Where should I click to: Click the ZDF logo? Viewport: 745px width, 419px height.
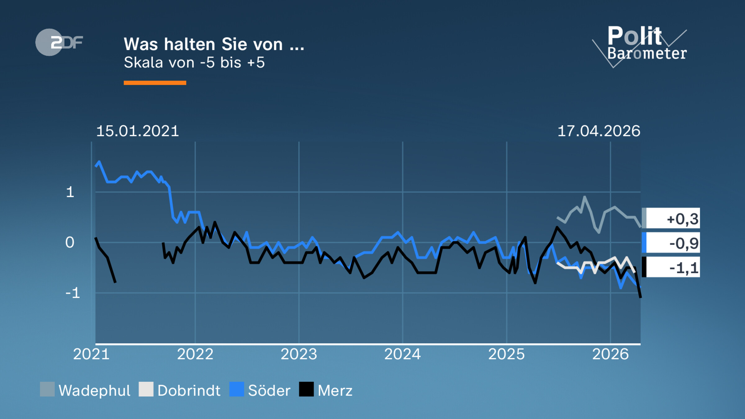tap(59, 42)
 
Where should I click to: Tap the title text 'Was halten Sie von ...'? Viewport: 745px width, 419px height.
tap(214, 44)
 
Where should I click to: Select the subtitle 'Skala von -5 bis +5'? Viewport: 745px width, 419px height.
tap(194, 63)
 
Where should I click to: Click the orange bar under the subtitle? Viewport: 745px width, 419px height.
tap(155, 83)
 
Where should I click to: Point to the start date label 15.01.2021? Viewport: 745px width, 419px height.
tap(138, 131)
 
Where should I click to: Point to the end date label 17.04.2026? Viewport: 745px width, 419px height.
tap(598, 131)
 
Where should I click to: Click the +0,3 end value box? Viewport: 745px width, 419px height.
tap(671, 219)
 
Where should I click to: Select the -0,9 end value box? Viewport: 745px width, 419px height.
tap(671, 243)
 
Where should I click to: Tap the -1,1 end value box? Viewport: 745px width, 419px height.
tap(671, 267)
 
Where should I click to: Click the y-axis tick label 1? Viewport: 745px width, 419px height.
tap(70, 192)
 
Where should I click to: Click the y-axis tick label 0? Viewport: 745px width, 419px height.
tap(70, 242)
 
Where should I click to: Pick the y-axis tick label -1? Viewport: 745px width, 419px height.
tap(73, 293)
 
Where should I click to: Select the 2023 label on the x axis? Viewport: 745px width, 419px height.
tap(299, 354)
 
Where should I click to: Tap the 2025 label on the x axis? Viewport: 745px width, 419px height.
tap(506, 354)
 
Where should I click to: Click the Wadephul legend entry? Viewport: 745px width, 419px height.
tap(85, 390)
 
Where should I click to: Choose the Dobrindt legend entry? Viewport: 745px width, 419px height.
tap(180, 390)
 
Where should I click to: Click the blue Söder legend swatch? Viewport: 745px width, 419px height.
tap(237, 390)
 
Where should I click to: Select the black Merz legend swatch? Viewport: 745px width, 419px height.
tap(306, 390)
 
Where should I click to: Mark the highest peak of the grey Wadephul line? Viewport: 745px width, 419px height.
tap(585, 197)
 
